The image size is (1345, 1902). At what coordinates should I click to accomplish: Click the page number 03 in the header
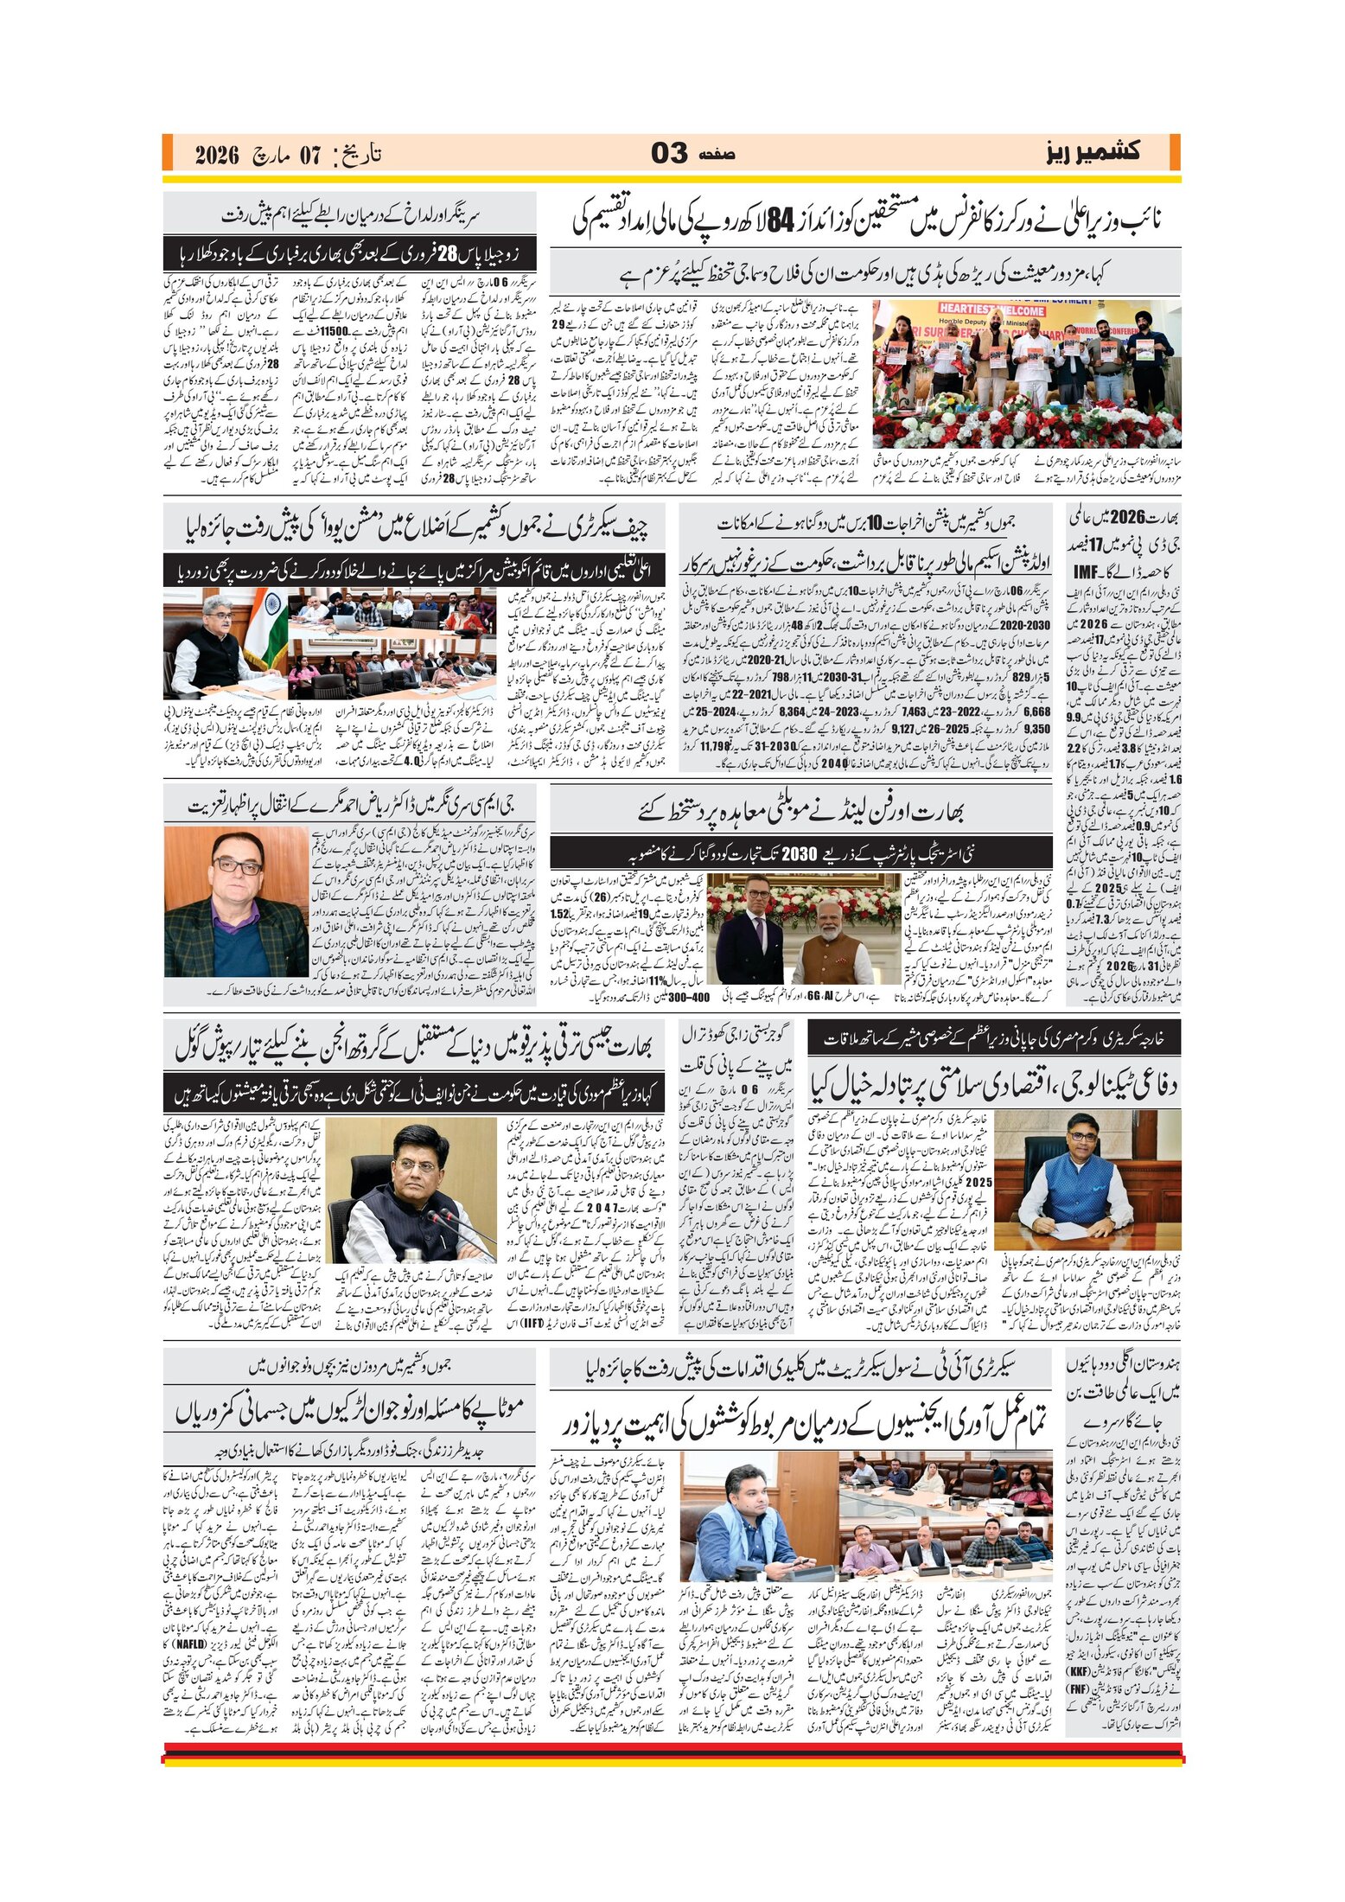click(669, 154)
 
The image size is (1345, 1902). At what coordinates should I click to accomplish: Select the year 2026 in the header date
click(216, 156)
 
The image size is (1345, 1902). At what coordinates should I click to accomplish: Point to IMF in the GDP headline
click(1086, 572)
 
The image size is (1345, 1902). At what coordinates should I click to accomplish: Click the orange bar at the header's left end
click(168, 152)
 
